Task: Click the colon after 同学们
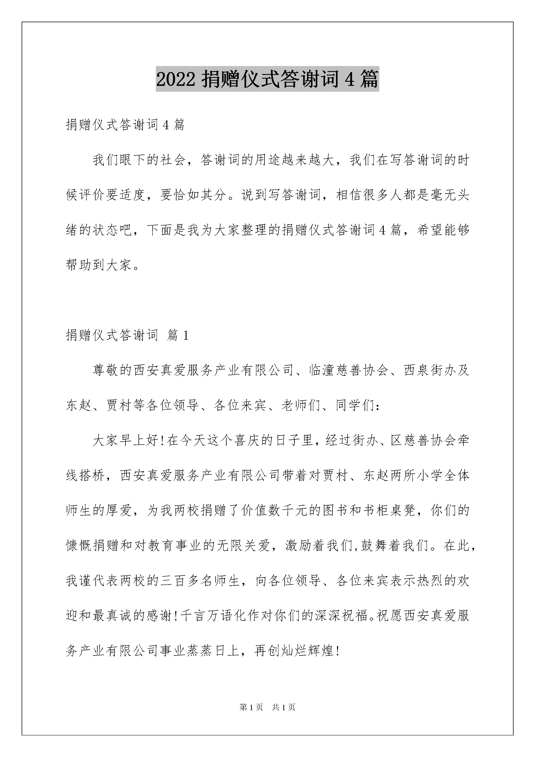378,406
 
